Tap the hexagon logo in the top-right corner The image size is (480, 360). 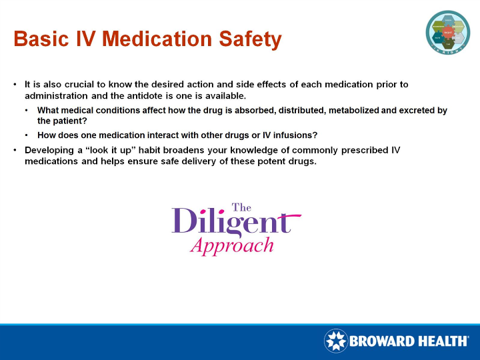(x=447, y=31)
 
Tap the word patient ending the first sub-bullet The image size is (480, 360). (x=71, y=121)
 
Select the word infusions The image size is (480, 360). (x=287, y=135)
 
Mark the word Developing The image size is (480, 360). (x=51, y=150)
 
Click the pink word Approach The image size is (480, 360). (x=231, y=245)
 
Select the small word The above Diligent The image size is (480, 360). (x=241, y=207)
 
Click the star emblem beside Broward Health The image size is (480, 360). (x=336, y=341)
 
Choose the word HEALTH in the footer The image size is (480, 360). (x=443, y=341)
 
